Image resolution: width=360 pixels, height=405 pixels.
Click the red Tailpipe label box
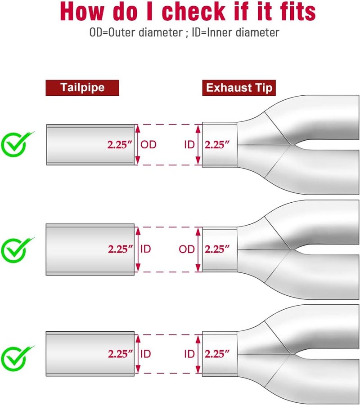click(x=82, y=88)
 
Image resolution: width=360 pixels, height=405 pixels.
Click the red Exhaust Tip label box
click(x=239, y=88)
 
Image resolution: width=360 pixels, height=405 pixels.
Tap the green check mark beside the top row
click(x=15, y=144)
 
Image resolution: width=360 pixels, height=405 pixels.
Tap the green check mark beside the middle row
click(x=15, y=250)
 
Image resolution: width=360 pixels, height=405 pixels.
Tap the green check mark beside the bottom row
click(x=15, y=359)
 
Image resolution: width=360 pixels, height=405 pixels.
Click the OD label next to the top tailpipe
click(x=148, y=145)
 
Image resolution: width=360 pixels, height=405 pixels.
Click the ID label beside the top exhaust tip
click(x=189, y=145)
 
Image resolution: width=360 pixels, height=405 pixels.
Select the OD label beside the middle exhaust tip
click(x=187, y=249)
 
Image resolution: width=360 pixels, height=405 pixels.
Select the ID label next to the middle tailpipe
click(x=146, y=249)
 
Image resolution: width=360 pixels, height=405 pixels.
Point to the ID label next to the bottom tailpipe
click(x=146, y=354)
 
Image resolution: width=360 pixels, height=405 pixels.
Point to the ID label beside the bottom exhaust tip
click(x=189, y=354)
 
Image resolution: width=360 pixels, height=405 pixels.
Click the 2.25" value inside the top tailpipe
click(x=120, y=145)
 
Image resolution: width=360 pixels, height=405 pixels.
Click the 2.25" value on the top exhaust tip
click(x=217, y=145)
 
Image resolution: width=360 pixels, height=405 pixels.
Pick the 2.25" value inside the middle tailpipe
click(x=121, y=249)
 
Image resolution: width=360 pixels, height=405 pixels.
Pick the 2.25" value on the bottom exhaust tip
click(x=217, y=354)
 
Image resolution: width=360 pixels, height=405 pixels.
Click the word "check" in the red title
click(x=194, y=12)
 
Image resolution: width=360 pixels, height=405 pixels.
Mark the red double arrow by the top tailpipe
click(x=138, y=145)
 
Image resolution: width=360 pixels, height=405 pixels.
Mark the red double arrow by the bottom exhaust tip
click(x=198, y=354)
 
